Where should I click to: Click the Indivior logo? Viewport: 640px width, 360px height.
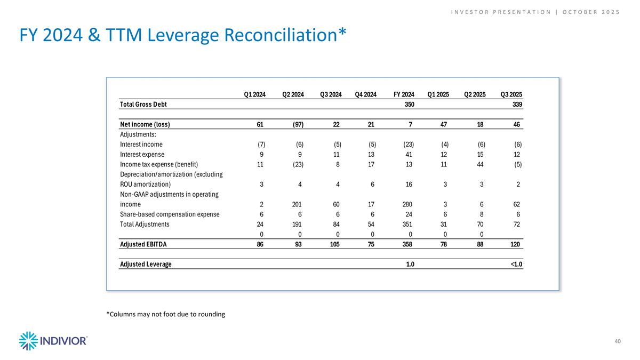(53, 341)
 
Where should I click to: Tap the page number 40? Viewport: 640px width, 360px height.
(618, 341)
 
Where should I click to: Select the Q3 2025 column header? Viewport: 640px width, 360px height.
(511, 95)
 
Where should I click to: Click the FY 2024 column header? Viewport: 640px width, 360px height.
(404, 95)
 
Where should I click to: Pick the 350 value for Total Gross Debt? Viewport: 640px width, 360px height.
(410, 105)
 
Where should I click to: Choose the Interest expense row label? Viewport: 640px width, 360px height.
(139, 154)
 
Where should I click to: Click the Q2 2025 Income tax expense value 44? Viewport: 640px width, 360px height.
(481, 164)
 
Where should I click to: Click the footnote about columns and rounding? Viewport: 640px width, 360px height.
(165, 314)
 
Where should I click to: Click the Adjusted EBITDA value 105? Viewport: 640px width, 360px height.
(335, 244)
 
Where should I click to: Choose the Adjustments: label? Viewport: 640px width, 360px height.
(138, 134)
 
